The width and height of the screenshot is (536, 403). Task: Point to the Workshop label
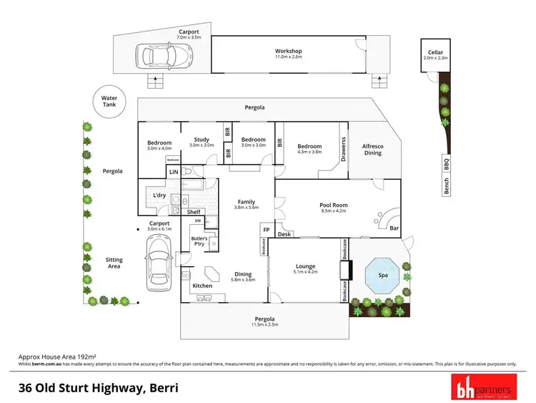[289, 51]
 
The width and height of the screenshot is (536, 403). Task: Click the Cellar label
[435, 52]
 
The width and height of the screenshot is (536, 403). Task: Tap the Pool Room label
[333, 205]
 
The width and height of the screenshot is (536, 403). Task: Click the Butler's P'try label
[199, 241]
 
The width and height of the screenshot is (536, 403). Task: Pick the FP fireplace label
[267, 230]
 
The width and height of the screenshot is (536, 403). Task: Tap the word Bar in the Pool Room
[394, 229]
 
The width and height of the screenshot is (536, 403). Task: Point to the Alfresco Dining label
[373, 150]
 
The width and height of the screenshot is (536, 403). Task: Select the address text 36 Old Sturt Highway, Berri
[98, 388]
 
